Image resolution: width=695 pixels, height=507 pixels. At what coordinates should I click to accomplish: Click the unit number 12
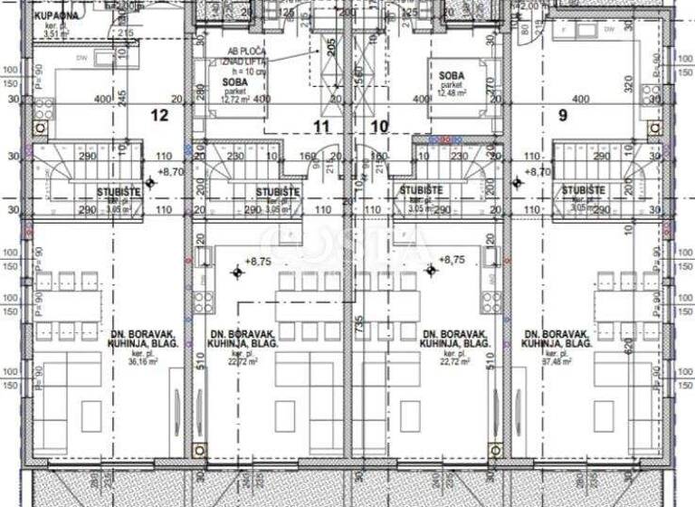coord(159,115)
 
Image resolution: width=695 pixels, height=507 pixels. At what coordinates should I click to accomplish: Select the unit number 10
coord(379,127)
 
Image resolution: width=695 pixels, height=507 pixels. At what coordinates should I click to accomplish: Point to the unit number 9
coord(563,115)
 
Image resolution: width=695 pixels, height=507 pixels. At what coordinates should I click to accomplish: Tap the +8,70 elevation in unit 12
coord(171,171)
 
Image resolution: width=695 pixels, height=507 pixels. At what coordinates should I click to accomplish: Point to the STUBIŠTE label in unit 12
coord(119,191)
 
